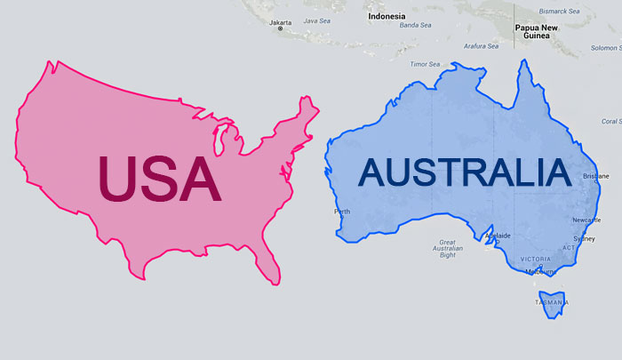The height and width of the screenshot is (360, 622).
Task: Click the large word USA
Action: point(158,180)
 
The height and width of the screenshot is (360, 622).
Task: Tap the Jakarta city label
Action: point(281,22)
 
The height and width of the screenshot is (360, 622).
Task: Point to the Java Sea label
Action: point(317,20)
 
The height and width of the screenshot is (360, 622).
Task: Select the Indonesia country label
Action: point(387,16)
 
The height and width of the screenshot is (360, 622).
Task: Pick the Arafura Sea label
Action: point(481,45)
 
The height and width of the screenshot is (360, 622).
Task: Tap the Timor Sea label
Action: point(424,64)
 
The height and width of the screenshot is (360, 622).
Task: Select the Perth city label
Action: point(342,212)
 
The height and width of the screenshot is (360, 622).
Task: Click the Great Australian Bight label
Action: point(448,248)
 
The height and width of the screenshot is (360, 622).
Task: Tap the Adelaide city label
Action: point(497,236)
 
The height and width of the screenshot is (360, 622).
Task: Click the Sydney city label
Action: point(584,238)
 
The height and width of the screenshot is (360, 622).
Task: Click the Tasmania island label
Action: point(551,303)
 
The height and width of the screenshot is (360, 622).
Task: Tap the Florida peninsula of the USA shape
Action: point(267,265)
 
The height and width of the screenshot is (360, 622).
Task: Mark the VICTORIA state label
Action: point(536,259)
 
